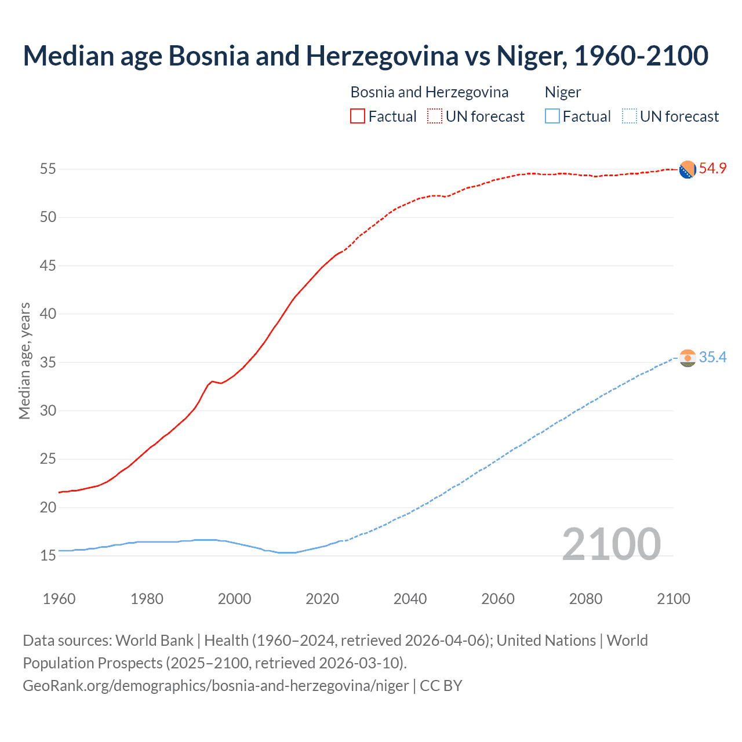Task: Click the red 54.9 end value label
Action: [x=712, y=168]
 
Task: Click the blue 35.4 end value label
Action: [x=712, y=357]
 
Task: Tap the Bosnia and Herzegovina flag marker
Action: [x=688, y=170]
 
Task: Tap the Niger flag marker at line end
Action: [x=688, y=358]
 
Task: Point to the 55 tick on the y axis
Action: [x=48, y=169]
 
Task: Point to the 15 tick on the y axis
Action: [x=48, y=556]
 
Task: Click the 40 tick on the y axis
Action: [x=48, y=314]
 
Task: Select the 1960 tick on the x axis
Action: [x=59, y=599]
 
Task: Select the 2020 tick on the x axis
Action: [x=322, y=599]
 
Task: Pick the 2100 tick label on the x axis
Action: [x=673, y=599]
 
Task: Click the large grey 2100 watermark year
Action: [x=611, y=544]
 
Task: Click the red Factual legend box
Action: [x=358, y=117]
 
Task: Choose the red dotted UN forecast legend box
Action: [x=435, y=117]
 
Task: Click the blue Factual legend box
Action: [x=552, y=117]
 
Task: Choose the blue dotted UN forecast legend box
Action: [x=630, y=117]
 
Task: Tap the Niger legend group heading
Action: [x=563, y=92]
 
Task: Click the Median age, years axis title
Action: [x=24, y=361]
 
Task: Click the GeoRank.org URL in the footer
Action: [x=216, y=686]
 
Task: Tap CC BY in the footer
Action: [x=441, y=686]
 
